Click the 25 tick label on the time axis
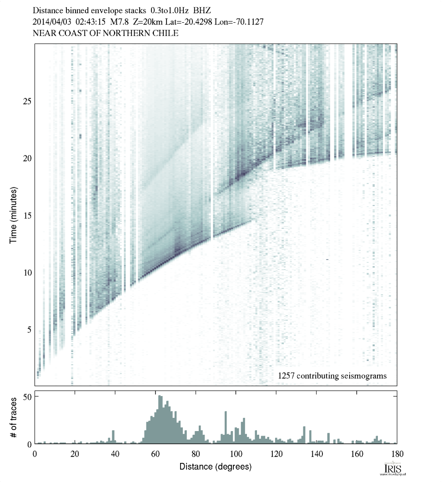click(26, 100)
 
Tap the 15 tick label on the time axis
click(26, 215)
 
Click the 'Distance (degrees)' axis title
click(216, 467)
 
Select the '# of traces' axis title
click(14, 417)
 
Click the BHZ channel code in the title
click(203, 10)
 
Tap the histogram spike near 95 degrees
click(226, 427)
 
